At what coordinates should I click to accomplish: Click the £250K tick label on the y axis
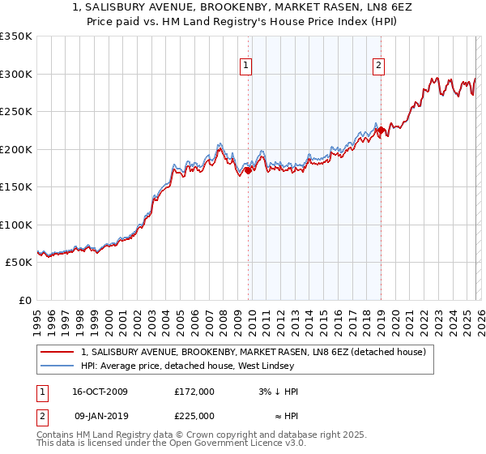pyautogui.click(x=15, y=112)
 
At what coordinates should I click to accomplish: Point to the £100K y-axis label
pyautogui.click(x=15, y=225)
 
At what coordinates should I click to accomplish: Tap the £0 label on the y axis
pyautogui.click(x=24, y=301)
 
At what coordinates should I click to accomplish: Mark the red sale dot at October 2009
pyautogui.click(x=249, y=170)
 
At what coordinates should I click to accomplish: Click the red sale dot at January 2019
pyautogui.click(x=381, y=131)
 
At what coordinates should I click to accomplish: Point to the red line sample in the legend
pyautogui.click(x=58, y=353)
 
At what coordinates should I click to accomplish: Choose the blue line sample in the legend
pyautogui.click(x=58, y=367)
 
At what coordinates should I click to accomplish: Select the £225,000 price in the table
pyautogui.click(x=194, y=416)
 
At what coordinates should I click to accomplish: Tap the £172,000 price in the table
pyautogui.click(x=194, y=392)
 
